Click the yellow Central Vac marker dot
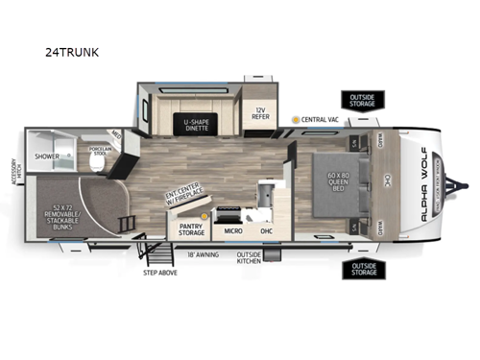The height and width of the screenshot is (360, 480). click(296, 119)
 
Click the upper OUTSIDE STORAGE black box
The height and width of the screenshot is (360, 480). click(364, 101)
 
